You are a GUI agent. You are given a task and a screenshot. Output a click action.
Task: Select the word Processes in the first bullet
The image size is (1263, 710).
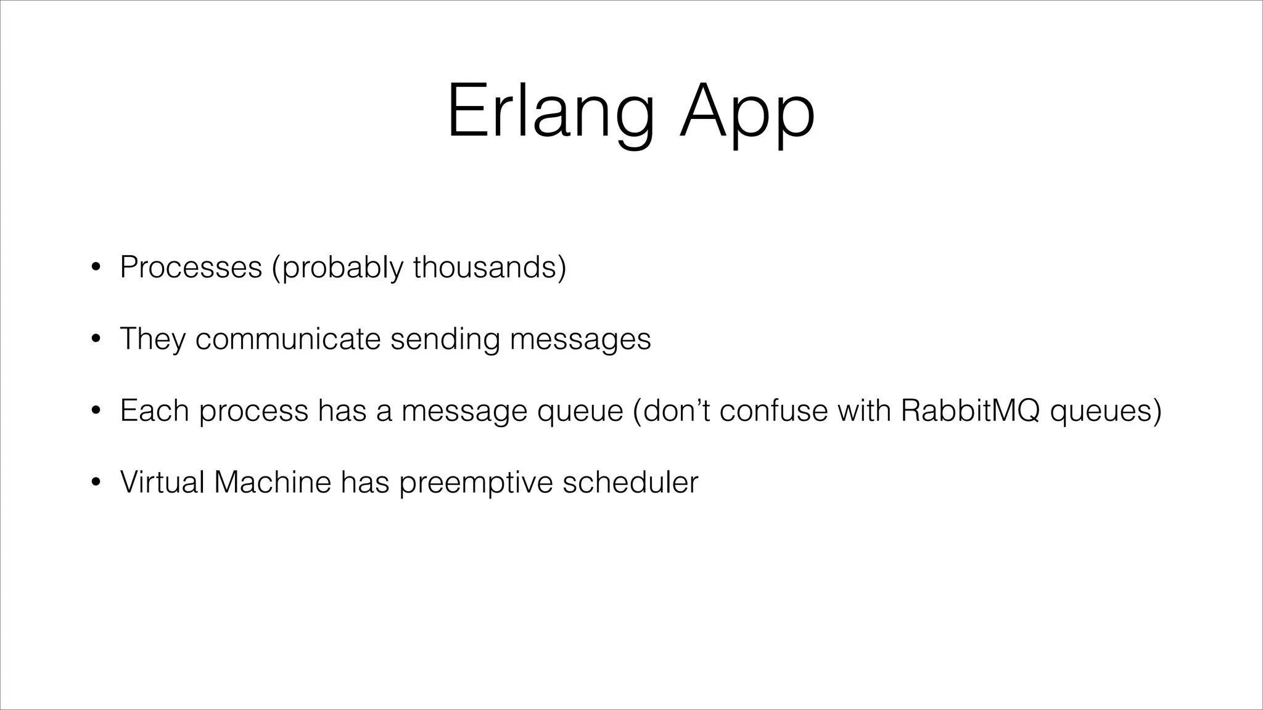pyautogui.click(x=191, y=267)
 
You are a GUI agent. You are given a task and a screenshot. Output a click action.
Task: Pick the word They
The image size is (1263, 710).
pyautogui.click(x=152, y=339)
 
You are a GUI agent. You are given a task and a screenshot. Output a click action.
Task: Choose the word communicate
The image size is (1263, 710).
pyautogui.click(x=288, y=339)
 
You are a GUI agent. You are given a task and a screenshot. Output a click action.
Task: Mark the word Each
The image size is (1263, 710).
pyautogui.click(x=154, y=410)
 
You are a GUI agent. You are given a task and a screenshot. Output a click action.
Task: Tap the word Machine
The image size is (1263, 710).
pyautogui.click(x=273, y=482)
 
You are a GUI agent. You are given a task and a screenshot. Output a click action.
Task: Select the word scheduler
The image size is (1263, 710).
pyautogui.click(x=630, y=482)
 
